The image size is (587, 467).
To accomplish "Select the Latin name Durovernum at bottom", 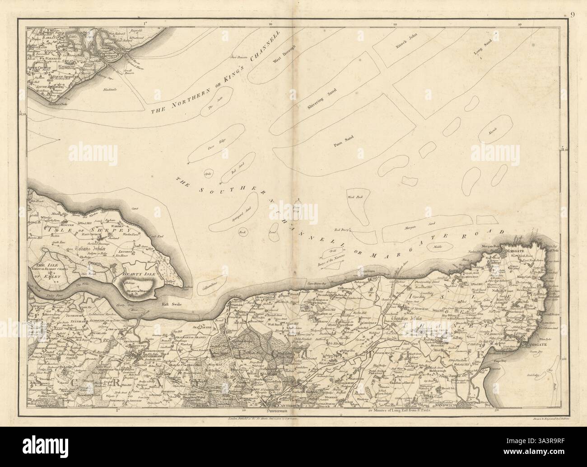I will (280, 412).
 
